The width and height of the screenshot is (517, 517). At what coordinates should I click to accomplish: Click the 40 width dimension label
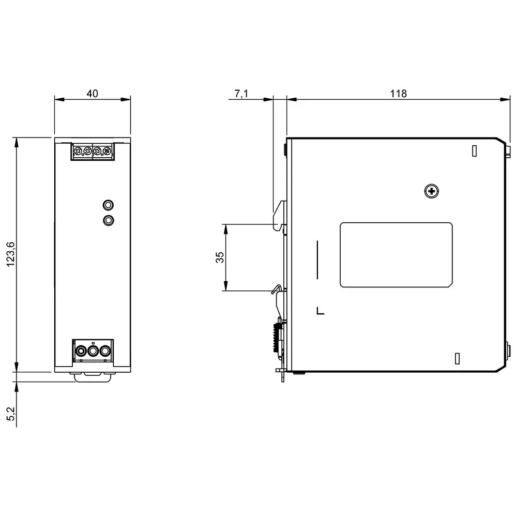[92, 94]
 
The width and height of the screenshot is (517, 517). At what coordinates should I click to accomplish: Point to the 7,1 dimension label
[241, 94]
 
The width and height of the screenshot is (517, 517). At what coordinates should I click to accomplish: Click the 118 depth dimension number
[398, 94]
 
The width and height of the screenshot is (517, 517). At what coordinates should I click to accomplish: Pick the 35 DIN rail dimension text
[219, 257]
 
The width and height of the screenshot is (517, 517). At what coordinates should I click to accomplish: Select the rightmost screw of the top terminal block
[107, 151]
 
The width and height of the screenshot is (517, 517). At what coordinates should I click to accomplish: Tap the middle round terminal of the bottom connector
[93, 352]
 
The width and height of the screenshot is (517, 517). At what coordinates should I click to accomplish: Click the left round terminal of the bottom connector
[81, 352]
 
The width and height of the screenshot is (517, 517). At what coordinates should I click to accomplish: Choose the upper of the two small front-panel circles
[108, 205]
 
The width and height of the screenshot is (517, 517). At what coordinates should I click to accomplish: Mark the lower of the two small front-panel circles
[108, 221]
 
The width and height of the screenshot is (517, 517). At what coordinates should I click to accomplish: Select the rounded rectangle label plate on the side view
[396, 255]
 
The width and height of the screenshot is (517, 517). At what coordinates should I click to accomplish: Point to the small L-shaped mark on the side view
[320, 311]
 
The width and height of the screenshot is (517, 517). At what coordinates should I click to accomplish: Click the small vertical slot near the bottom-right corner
[457, 358]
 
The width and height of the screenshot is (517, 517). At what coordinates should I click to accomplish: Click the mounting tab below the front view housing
[93, 377]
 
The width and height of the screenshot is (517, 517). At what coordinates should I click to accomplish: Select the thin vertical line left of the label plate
[317, 260]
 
